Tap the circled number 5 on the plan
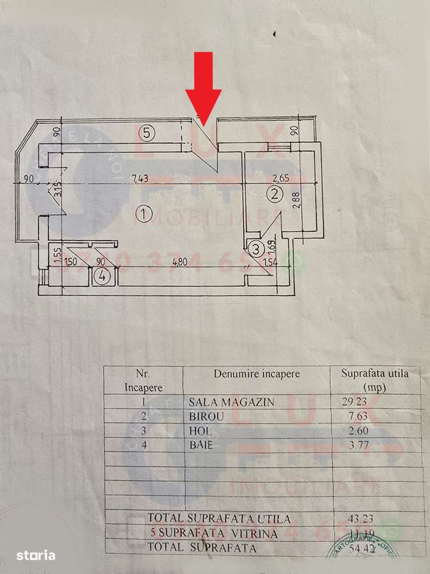point(147,134)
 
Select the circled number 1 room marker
point(144,215)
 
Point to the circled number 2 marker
point(275,194)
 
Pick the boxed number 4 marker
point(101,276)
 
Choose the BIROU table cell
point(202,416)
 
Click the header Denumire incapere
point(257,374)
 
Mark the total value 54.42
point(353,548)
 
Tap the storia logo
point(36,555)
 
